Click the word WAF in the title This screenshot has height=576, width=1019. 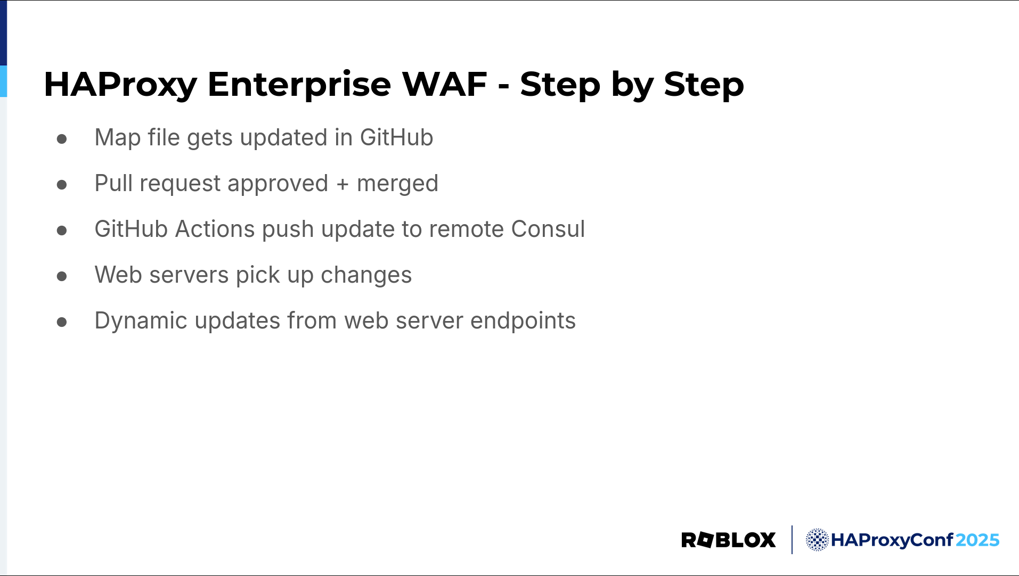pyautogui.click(x=444, y=84)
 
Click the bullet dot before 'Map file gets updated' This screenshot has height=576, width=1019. pyautogui.click(x=62, y=139)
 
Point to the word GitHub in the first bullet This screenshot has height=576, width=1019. pyautogui.click(x=396, y=137)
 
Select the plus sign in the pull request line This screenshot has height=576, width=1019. pyautogui.click(x=343, y=184)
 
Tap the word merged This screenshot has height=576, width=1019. pyautogui.click(x=397, y=184)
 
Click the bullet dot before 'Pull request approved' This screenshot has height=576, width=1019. pyautogui.click(x=62, y=185)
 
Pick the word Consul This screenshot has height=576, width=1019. pyautogui.click(x=548, y=229)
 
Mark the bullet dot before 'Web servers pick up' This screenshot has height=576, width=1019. pyautogui.click(x=62, y=276)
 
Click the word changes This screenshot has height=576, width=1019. pyautogui.click(x=366, y=276)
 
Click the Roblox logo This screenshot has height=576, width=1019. pyautogui.click(x=728, y=540)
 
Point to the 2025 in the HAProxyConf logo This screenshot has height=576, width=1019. pyautogui.click(x=977, y=540)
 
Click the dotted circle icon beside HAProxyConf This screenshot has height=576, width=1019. pyautogui.click(x=817, y=540)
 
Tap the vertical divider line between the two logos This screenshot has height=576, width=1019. pyautogui.click(x=792, y=540)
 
